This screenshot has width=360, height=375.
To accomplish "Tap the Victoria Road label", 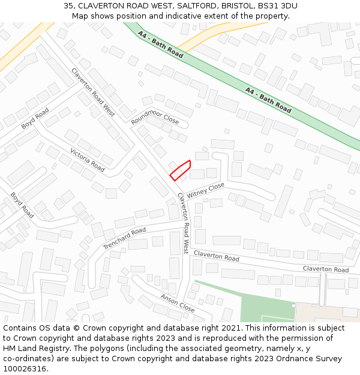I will click(88, 160).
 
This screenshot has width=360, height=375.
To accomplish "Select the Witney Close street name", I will click(205, 191).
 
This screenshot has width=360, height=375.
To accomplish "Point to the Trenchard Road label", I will click(124, 238).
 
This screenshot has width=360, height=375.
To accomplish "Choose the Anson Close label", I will click(177, 303).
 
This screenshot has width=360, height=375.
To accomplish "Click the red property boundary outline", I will click(180, 170).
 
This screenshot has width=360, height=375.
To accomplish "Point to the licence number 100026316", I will click(25, 369).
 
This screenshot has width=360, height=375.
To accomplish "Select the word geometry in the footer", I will click(251, 349).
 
